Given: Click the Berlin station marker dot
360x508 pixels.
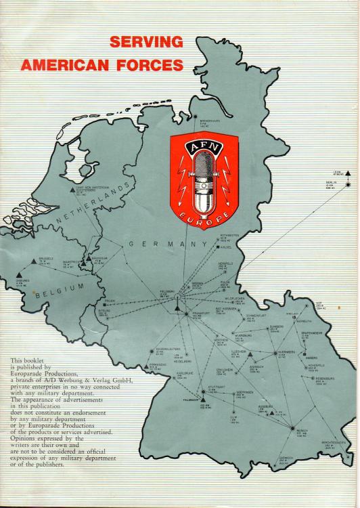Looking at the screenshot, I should [x=348, y=184].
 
